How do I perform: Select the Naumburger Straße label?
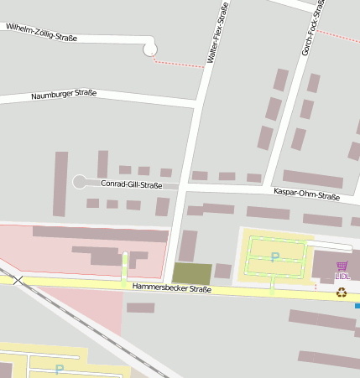point(64,95)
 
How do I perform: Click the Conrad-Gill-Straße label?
point(131,184)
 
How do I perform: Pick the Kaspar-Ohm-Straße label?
point(306,196)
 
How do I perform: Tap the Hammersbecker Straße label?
point(171,288)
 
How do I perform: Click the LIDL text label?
point(342,276)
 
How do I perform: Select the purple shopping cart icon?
point(342,266)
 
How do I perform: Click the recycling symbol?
point(342,293)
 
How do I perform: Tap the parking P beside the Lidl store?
point(274,257)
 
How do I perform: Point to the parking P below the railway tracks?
point(59,369)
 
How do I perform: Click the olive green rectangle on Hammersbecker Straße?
point(192,273)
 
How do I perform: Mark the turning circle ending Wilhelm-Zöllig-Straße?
point(150,49)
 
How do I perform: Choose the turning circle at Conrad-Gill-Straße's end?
point(80,182)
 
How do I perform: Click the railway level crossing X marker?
point(18,280)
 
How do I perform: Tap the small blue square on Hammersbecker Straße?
point(357,306)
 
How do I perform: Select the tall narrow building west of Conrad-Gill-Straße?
point(60,184)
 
